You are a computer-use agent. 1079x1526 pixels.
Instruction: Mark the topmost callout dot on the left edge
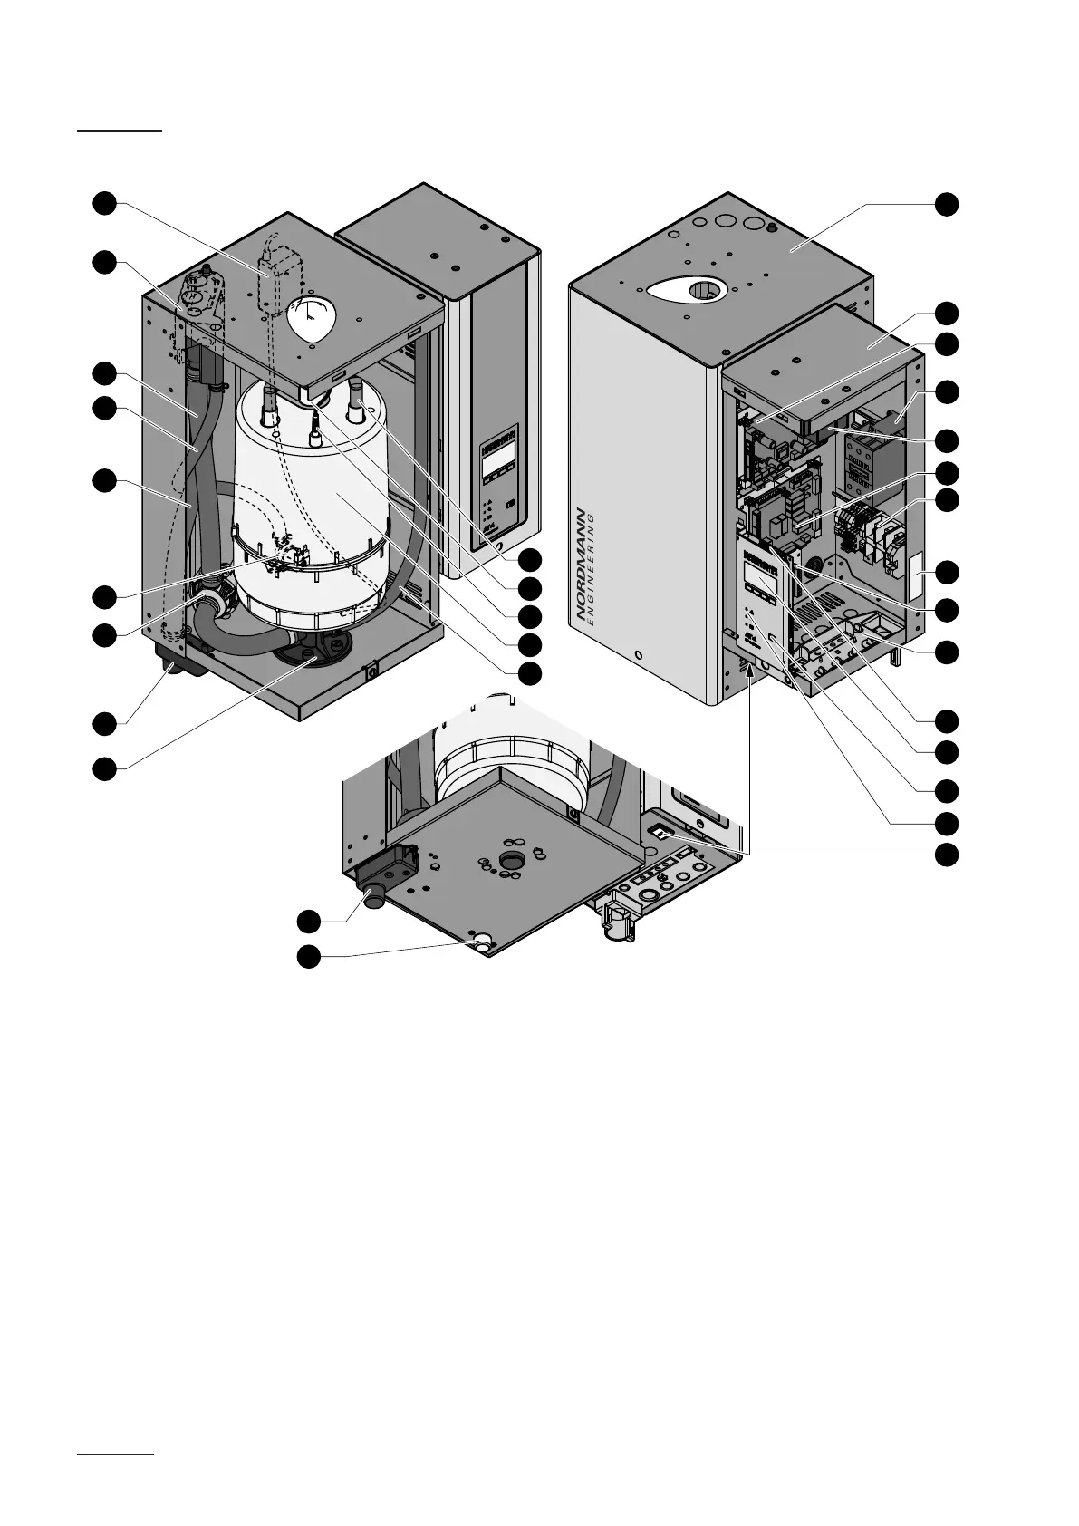[105, 203]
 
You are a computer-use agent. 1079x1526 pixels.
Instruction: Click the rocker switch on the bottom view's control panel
[660, 832]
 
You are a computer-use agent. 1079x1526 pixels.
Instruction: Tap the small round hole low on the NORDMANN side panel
[639, 654]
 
